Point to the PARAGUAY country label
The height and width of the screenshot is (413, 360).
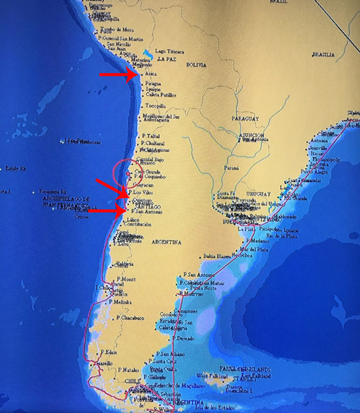[246, 117]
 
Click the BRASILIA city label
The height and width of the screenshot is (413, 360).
[324, 55]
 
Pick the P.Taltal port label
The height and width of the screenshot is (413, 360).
[153, 136]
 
